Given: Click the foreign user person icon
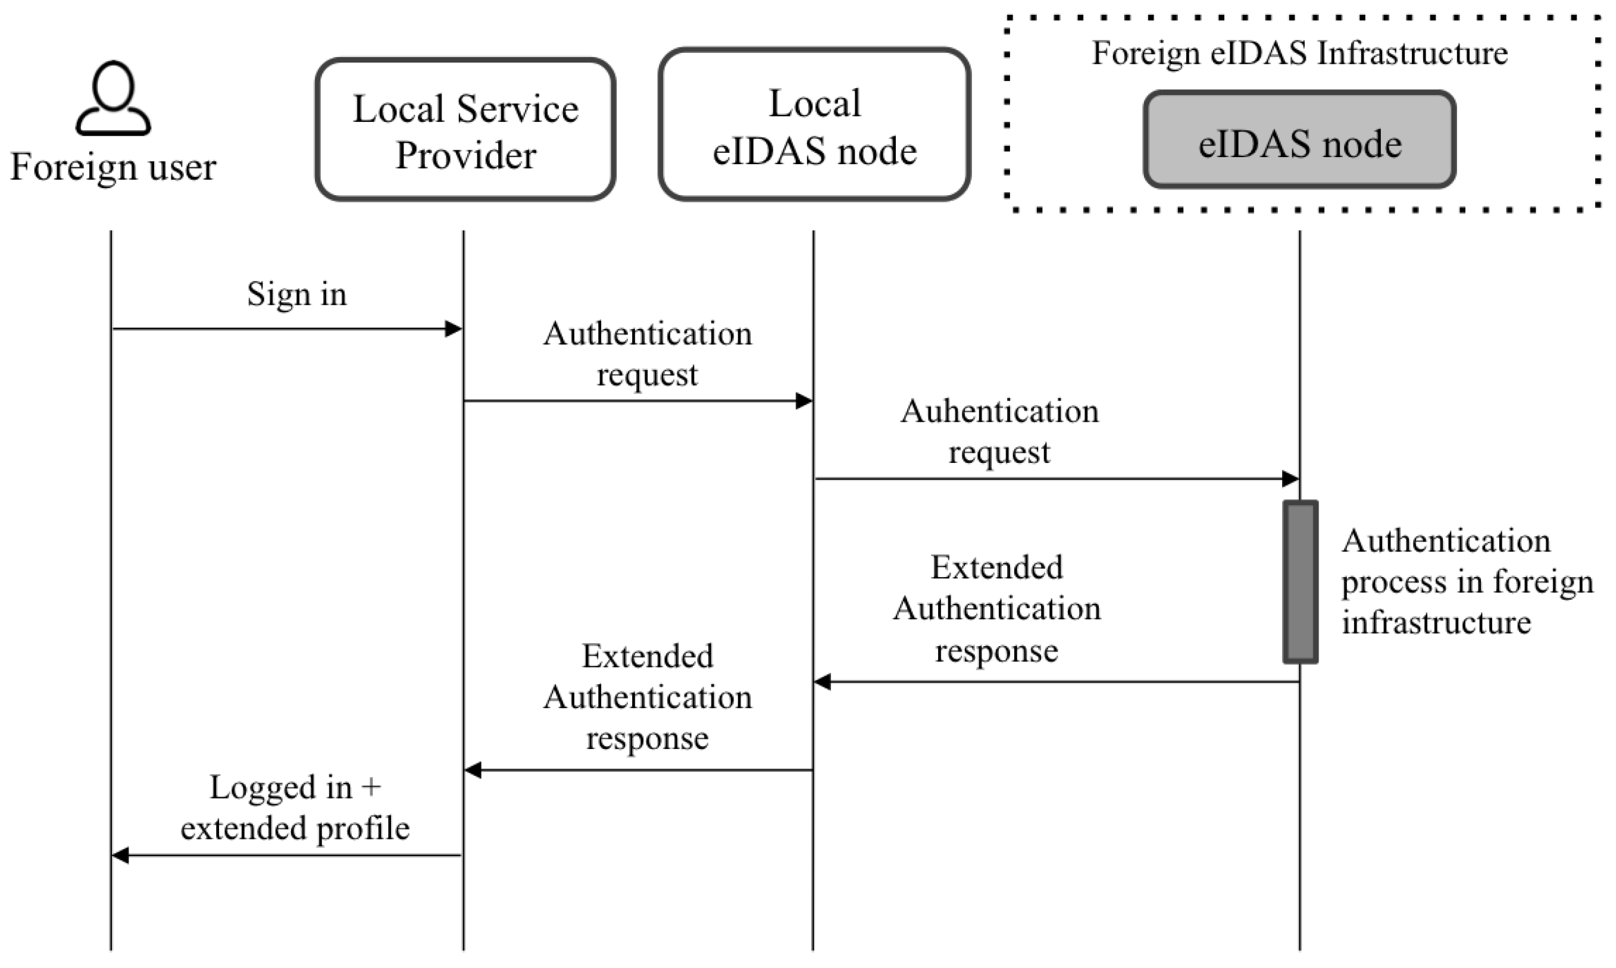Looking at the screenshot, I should (113, 99).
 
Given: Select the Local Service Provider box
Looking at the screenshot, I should (465, 130).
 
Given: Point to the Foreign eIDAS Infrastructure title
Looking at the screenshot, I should (1299, 53).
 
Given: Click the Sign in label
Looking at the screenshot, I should (296, 294).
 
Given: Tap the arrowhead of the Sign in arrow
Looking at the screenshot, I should (454, 329).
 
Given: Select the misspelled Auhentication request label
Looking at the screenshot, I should (999, 431).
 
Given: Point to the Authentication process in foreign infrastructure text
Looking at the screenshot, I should (1467, 581).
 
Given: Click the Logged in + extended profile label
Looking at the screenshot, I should (295, 807).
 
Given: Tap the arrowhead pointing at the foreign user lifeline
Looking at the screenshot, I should (121, 855).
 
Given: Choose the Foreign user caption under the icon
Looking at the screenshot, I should (113, 167).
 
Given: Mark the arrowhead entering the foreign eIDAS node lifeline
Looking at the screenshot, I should (1290, 479).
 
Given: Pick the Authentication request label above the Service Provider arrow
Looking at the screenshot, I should (647, 354).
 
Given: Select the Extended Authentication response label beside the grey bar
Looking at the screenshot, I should (997, 609).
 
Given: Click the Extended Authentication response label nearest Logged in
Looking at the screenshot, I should (647, 697).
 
